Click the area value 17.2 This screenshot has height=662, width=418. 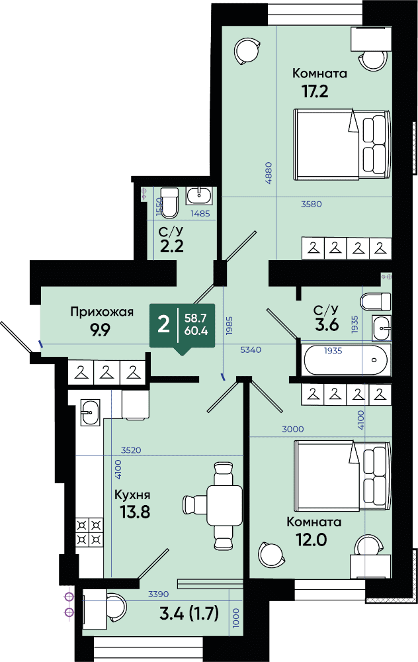tap(314, 91)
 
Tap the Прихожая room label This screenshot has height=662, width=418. tap(102, 312)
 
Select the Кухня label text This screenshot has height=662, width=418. tap(132, 495)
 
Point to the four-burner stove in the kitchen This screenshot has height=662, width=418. tap(89, 532)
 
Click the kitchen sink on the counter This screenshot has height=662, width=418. tap(90, 412)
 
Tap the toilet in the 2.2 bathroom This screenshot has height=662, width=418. tap(169, 203)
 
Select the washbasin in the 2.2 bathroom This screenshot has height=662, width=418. tap(199, 197)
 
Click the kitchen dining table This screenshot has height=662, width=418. tap(224, 504)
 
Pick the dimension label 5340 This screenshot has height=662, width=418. tap(251, 350)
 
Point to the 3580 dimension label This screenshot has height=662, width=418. tap(312, 205)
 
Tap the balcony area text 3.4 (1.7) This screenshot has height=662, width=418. tap(189, 614)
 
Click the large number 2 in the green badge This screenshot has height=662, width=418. tap(163, 326)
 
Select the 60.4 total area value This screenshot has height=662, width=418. tap(196, 331)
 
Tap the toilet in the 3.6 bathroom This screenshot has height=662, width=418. tap(376, 301)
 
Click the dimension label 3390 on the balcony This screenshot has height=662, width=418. tap(158, 594)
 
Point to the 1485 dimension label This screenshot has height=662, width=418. tap(200, 214)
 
